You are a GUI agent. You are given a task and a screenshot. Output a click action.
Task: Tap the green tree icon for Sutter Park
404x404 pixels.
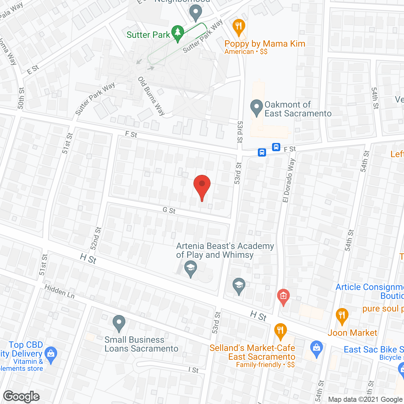178,33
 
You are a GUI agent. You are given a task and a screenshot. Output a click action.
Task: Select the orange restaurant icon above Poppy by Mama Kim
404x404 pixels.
239,27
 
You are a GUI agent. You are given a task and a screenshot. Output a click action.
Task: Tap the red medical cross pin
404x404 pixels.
283,297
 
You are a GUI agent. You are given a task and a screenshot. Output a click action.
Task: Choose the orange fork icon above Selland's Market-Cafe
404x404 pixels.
280,331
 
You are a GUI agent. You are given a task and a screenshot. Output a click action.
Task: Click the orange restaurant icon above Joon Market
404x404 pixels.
342,316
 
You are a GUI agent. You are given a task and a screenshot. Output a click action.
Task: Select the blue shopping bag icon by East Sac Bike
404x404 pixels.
316,348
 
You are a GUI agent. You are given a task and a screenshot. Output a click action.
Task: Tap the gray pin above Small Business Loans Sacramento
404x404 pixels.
119,323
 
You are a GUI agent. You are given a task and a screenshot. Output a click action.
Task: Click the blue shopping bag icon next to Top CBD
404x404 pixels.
51,354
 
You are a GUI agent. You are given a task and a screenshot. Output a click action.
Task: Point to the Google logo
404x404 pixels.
21,396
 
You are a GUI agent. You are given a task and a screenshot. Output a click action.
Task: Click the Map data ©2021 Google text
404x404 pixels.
365,400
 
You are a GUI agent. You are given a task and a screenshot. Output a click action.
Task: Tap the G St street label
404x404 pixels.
169,210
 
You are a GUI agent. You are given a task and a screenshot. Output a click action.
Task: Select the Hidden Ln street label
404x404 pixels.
60,291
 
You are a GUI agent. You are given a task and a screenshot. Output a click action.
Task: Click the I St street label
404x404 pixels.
193,370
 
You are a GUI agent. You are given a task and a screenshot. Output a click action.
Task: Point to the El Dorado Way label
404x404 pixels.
289,180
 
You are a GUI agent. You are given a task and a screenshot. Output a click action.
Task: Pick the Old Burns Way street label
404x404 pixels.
151,96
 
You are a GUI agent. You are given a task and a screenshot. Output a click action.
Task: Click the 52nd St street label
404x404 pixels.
96,238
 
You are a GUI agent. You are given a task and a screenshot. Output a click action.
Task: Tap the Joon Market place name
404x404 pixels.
352,333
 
